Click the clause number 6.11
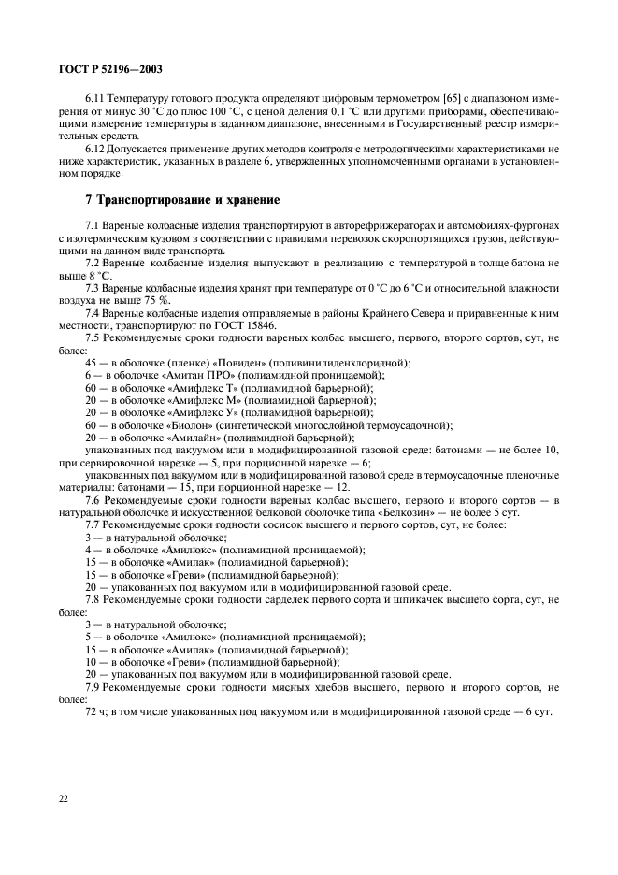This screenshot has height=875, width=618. click(x=93, y=98)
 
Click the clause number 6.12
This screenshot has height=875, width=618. click(x=93, y=148)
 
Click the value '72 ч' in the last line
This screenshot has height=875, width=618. click(x=93, y=712)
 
